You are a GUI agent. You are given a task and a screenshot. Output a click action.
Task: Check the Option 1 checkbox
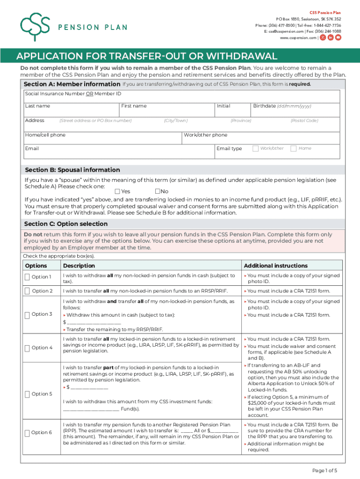[x=27, y=277]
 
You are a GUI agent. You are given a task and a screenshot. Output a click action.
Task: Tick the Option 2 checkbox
[x=27, y=291]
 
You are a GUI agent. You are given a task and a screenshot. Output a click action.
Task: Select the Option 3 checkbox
[x=27, y=314]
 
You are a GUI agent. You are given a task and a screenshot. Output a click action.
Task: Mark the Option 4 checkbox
[x=27, y=348]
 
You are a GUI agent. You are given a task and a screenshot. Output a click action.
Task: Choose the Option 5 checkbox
[x=27, y=394]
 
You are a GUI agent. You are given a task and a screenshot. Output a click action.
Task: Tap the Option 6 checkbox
[x=27, y=433]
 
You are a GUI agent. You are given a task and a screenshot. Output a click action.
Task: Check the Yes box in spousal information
[x=117, y=191]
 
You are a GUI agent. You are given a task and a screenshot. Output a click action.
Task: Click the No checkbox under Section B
[x=158, y=191]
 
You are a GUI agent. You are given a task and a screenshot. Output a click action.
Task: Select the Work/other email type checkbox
[x=255, y=148]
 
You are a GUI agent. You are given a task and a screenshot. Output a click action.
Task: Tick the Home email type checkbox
[x=293, y=148]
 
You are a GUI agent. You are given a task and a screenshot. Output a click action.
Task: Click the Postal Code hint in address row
[x=304, y=121]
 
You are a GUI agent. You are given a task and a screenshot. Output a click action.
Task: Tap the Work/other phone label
[x=205, y=135]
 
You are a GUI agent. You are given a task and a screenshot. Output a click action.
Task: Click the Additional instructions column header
[x=275, y=266]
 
